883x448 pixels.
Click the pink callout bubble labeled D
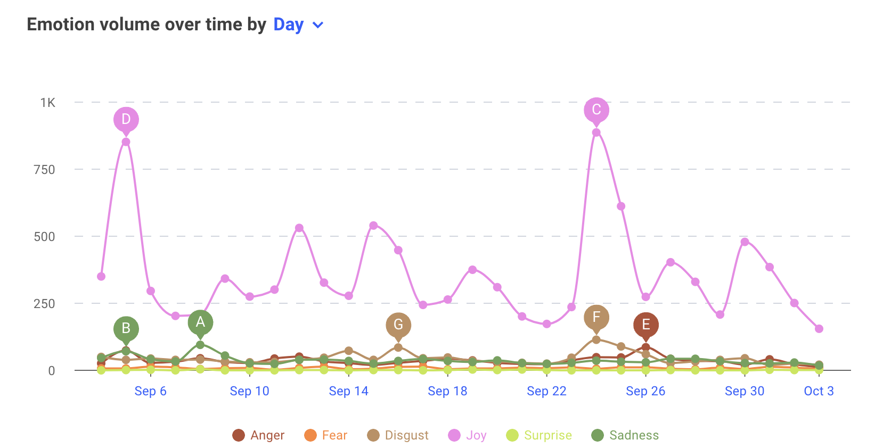point(126,119)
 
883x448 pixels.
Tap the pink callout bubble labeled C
point(596,110)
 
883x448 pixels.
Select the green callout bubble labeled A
point(200,322)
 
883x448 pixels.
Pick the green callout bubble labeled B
point(126,328)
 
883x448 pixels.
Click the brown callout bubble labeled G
point(398,325)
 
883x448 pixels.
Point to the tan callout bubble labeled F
point(596,317)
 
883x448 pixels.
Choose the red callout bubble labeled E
point(645,325)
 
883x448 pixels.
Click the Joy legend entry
point(468,435)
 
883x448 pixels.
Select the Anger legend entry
point(259,435)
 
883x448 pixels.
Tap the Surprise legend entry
point(539,435)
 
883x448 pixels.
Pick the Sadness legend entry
point(625,435)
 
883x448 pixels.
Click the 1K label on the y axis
point(47,103)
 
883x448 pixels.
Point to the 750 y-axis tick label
point(44,170)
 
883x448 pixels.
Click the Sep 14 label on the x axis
point(348,391)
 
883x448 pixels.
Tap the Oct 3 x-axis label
point(819,391)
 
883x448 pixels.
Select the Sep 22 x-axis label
point(546,391)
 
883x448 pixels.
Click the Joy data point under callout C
point(596,132)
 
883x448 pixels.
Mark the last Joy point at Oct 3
point(819,329)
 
